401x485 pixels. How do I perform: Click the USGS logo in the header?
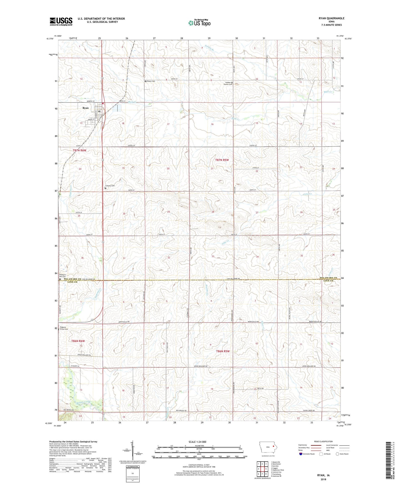tap(61, 21)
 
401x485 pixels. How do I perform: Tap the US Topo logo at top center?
tap(199, 23)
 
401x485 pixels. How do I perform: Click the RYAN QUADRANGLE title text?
tap(331, 18)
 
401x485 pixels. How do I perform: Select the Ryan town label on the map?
tap(85, 108)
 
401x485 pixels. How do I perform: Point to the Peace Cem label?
tap(151, 81)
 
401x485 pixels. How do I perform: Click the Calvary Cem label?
tap(110, 186)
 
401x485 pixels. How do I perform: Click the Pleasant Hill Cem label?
tap(62, 276)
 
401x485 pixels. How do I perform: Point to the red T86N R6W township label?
tap(78, 341)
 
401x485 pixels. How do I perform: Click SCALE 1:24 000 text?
tap(197, 442)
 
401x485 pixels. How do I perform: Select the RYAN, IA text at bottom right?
tap(323, 475)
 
